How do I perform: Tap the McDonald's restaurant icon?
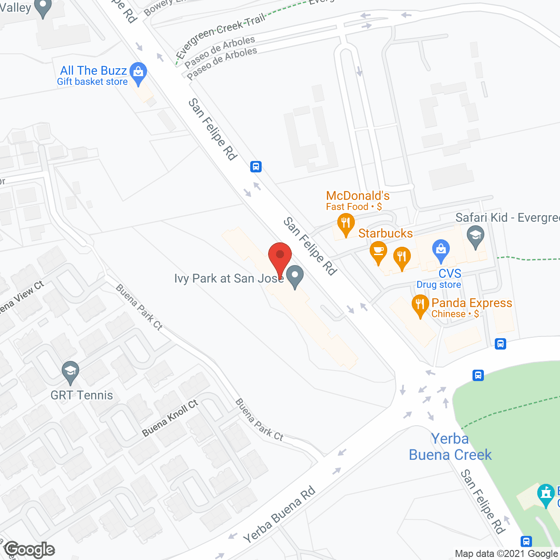346,224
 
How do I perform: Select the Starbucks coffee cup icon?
378,252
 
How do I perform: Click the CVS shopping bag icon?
441,250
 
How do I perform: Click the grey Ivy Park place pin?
295,276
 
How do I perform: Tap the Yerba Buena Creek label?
450,447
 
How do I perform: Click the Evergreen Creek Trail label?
220,35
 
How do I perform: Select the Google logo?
30,549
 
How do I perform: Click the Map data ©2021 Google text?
506,554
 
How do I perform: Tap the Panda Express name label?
472,303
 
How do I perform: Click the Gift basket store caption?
92,82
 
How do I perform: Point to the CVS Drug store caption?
439,285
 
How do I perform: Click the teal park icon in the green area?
546,494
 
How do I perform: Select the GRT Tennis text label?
82,395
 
